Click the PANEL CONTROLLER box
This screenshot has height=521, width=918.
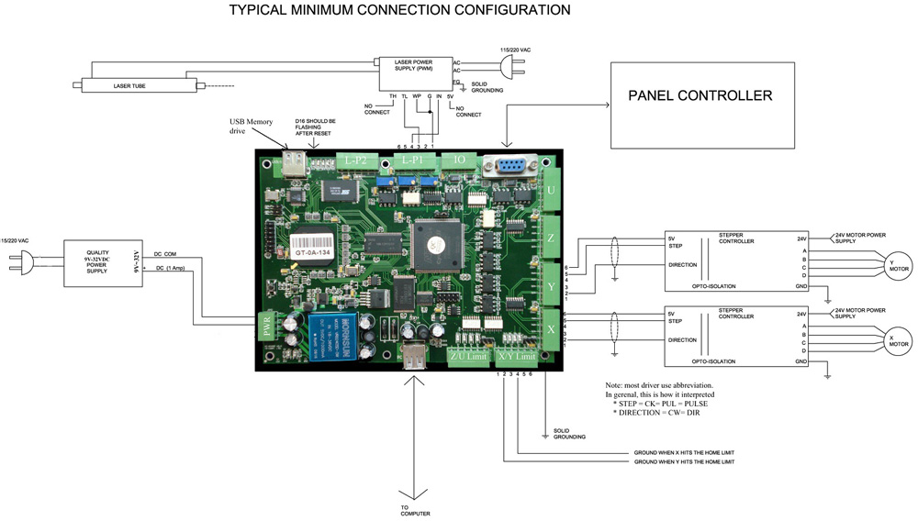click(x=702, y=105)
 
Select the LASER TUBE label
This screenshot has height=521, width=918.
click(x=129, y=86)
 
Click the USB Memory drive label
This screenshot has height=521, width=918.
click(x=252, y=127)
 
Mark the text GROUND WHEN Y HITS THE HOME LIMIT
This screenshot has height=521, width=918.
click(x=684, y=461)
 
